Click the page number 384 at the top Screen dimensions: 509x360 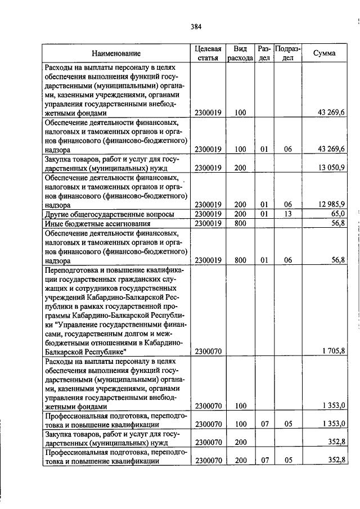[x=196, y=26]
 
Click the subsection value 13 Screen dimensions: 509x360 [x=288, y=214]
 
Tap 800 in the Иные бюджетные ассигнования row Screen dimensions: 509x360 [x=240, y=224]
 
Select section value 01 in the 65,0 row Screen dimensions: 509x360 [x=264, y=214]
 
